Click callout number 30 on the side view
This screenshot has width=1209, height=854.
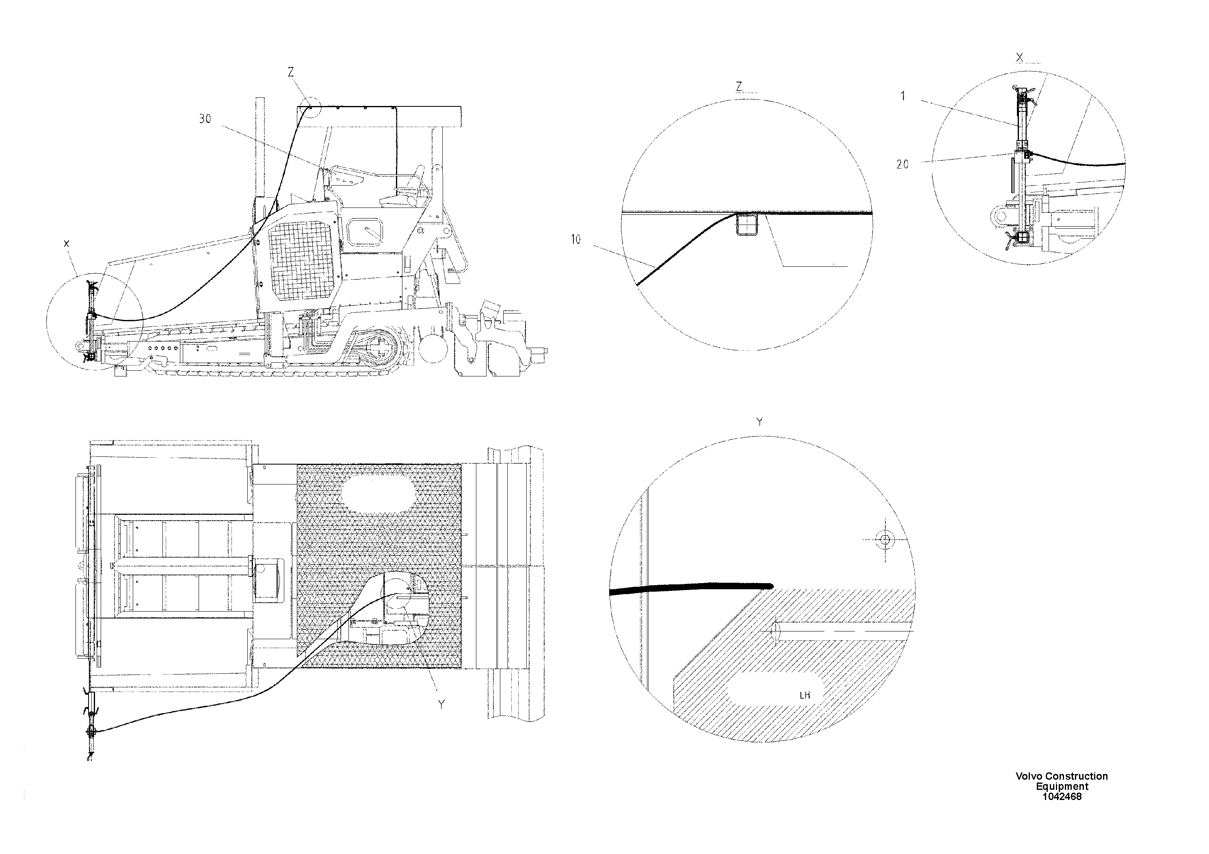pyautogui.click(x=205, y=119)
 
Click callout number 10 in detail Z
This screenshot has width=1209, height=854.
pyautogui.click(x=575, y=240)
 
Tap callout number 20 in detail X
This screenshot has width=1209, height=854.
pyautogui.click(x=902, y=164)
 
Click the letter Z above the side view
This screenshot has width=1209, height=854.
pyautogui.click(x=291, y=73)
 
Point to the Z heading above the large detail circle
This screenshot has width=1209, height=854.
pyautogui.click(x=739, y=87)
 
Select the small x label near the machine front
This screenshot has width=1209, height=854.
pyautogui.click(x=66, y=244)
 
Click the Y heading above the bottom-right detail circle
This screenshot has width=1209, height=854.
pyautogui.click(x=759, y=422)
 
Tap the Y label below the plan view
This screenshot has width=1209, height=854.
pyautogui.click(x=441, y=705)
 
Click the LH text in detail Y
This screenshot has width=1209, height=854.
pyautogui.click(x=805, y=695)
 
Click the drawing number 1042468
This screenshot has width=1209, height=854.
pyautogui.click(x=1062, y=797)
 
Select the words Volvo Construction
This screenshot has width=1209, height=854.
pyautogui.click(x=1062, y=776)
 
